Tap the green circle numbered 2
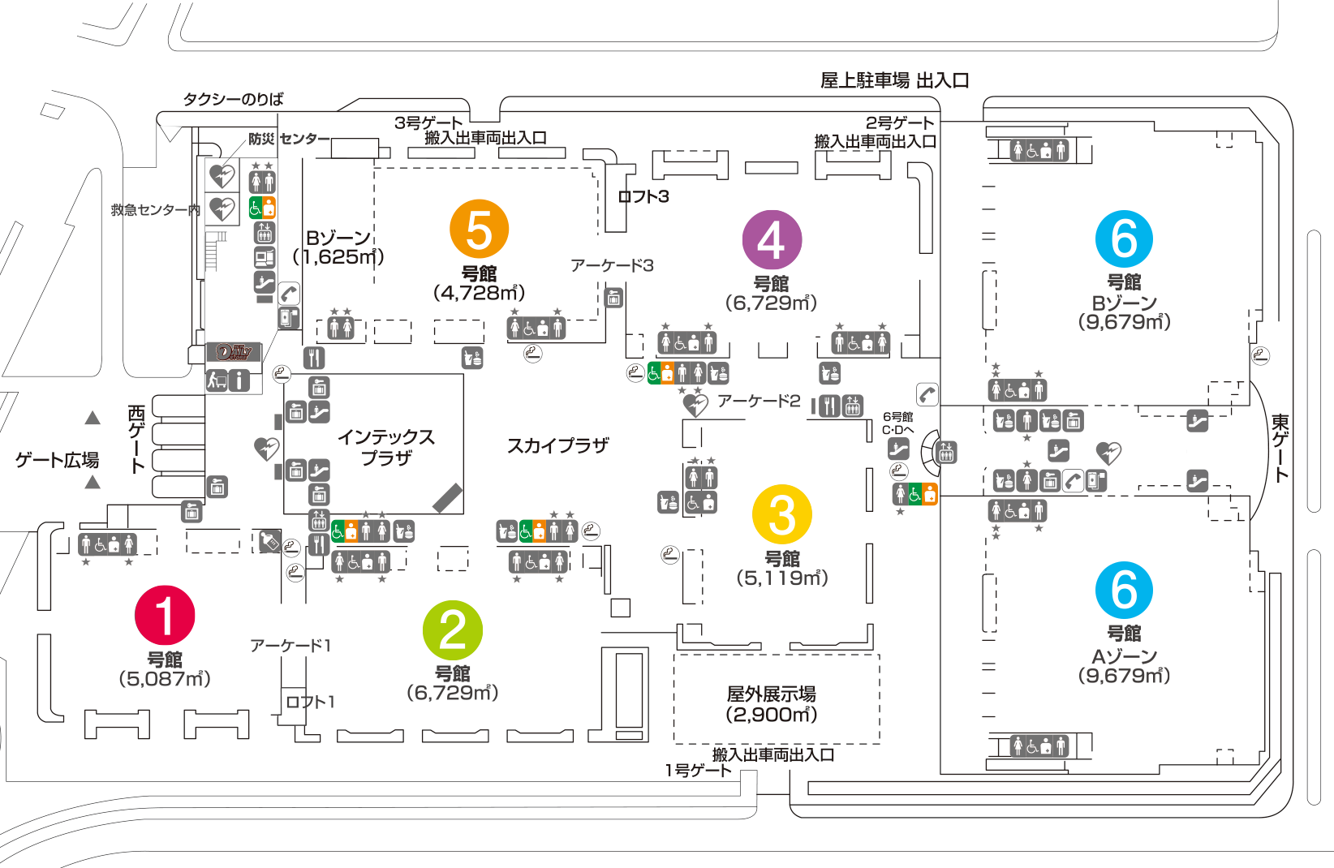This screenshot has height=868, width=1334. [x=453, y=630]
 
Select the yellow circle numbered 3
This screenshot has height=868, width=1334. [x=782, y=514]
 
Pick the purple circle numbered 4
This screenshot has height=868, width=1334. [x=772, y=239]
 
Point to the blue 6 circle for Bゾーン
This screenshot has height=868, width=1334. [x=1124, y=238]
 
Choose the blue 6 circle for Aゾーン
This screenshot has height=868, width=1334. [x=1124, y=590]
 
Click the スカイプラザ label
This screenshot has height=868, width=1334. [x=557, y=445]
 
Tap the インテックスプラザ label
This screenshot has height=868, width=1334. [x=386, y=448]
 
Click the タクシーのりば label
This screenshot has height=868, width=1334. [x=233, y=100]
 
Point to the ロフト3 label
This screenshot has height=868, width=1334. [x=643, y=196]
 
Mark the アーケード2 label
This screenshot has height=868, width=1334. [x=759, y=401]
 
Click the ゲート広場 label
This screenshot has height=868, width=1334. [x=57, y=460]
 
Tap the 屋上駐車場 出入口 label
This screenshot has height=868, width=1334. [x=894, y=80]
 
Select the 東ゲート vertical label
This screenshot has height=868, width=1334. [x=1280, y=448]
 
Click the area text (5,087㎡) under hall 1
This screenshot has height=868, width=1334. [x=165, y=679]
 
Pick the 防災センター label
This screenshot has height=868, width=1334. [x=289, y=139]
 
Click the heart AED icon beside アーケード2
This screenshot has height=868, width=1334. [x=695, y=404]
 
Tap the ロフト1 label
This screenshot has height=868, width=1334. [x=310, y=702]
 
